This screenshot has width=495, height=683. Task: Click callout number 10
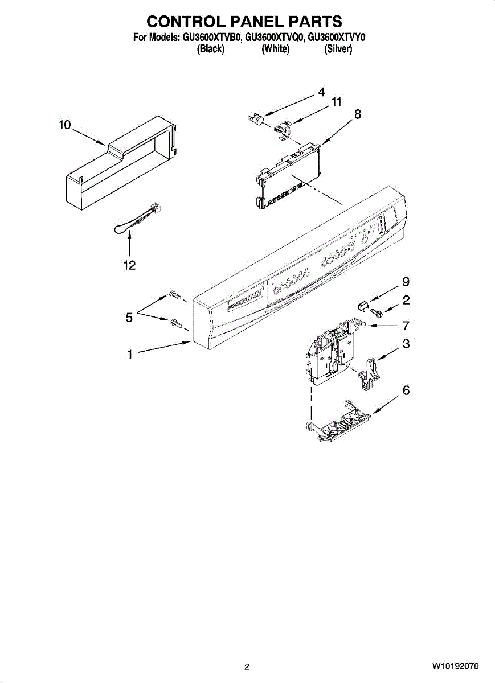[x=64, y=125]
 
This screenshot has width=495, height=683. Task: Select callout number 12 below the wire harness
[x=130, y=265]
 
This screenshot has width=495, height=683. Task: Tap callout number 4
[x=321, y=92]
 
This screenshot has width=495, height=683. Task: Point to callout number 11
[x=337, y=102]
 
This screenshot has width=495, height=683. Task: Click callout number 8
[x=357, y=114]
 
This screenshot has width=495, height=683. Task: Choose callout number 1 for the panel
[x=130, y=355]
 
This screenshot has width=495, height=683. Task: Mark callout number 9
[x=406, y=282]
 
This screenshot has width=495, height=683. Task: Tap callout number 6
[x=406, y=390]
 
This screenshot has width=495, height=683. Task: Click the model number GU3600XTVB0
[x=212, y=38]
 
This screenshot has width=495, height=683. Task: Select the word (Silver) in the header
[x=338, y=50]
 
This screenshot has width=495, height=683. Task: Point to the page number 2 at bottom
[x=247, y=666]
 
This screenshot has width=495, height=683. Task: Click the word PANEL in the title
[x=246, y=22]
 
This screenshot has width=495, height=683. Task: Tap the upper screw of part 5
[x=175, y=295]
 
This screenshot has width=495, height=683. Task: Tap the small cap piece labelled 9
[x=361, y=307]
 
